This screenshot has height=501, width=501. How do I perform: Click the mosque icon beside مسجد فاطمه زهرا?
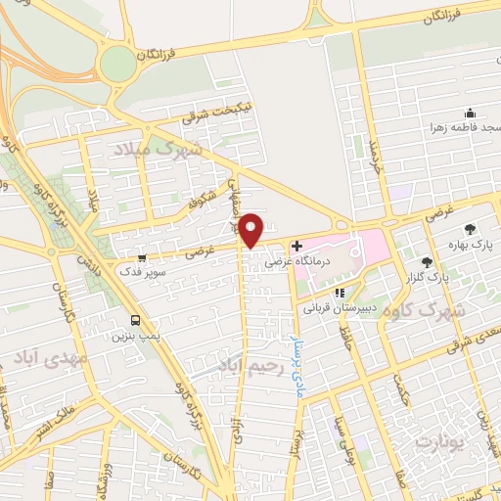470,113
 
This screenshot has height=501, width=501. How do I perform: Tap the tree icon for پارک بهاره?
472,229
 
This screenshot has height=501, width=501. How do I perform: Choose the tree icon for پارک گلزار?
426,261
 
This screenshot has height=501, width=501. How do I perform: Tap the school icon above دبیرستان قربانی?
340,292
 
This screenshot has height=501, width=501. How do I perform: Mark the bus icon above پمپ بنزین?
136,320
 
